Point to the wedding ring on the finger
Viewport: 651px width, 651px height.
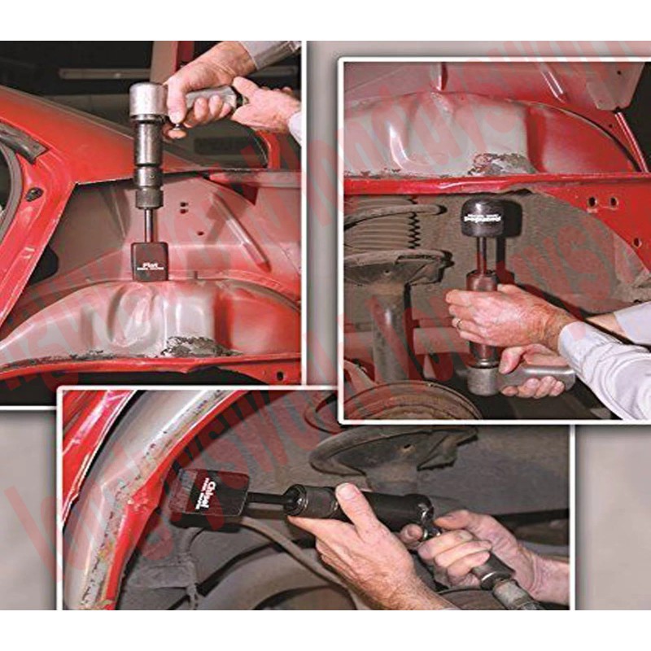[458, 323]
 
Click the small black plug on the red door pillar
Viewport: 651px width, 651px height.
[34, 194]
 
